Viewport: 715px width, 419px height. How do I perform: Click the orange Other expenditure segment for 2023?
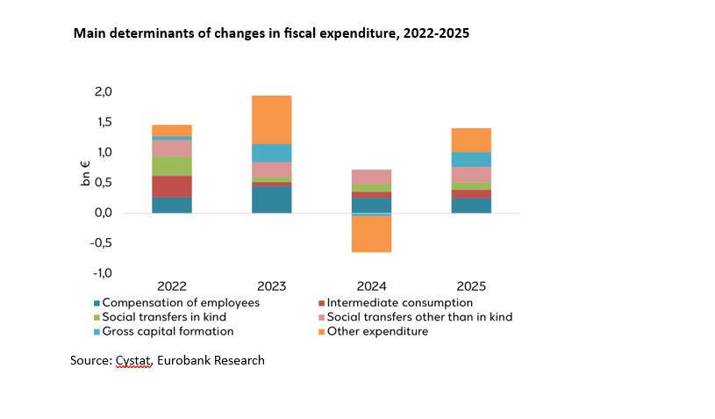[271, 119]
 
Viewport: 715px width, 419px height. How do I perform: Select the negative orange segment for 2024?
[371, 234]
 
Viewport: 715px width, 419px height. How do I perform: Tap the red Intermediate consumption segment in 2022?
[172, 186]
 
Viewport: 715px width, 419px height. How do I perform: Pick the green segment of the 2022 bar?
[172, 166]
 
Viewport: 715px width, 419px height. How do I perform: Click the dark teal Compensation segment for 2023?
[271, 199]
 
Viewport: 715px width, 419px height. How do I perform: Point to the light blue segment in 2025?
[471, 159]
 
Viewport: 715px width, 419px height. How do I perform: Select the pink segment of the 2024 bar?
[371, 177]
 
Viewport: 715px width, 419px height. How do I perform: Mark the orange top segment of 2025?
[471, 140]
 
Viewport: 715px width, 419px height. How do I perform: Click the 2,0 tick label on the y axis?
[103, 92]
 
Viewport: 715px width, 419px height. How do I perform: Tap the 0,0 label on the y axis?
[103, 213]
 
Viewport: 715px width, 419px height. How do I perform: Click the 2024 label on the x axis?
[371, 286]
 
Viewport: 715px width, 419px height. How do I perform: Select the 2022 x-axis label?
[172, 286]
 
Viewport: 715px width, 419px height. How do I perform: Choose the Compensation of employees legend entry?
[181, 303]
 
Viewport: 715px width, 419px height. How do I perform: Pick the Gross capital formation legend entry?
[168, 331]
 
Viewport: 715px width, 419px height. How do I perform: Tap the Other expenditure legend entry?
[377, 331]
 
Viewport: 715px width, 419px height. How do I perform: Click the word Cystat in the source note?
[133, 360]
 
